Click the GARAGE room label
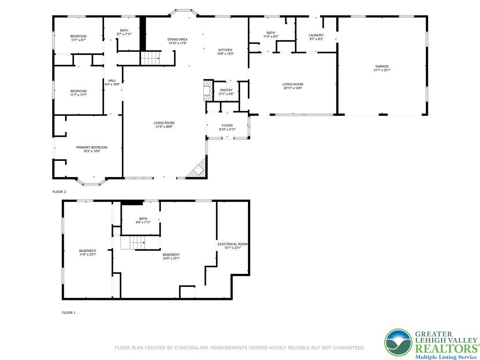coord(382,66)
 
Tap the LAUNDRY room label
coord(316,35)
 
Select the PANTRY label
coord(226,90)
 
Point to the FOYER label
coord(227,126)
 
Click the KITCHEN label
coord(225,50)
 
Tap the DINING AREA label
coord(177,39)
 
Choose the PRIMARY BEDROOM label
coord(91,147)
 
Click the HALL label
coord(112,81)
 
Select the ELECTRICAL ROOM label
coord(232,244)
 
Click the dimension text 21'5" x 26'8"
coord(164,127)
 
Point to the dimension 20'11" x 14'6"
coord(292,88)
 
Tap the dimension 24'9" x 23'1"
coord(171,258)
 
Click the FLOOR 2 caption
coord(59,192)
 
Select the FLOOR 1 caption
coord(68,313)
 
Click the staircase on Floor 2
coord(150,58)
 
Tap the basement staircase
coord(133,243)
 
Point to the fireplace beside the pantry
coord(208,90)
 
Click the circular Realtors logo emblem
coord(398,343)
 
